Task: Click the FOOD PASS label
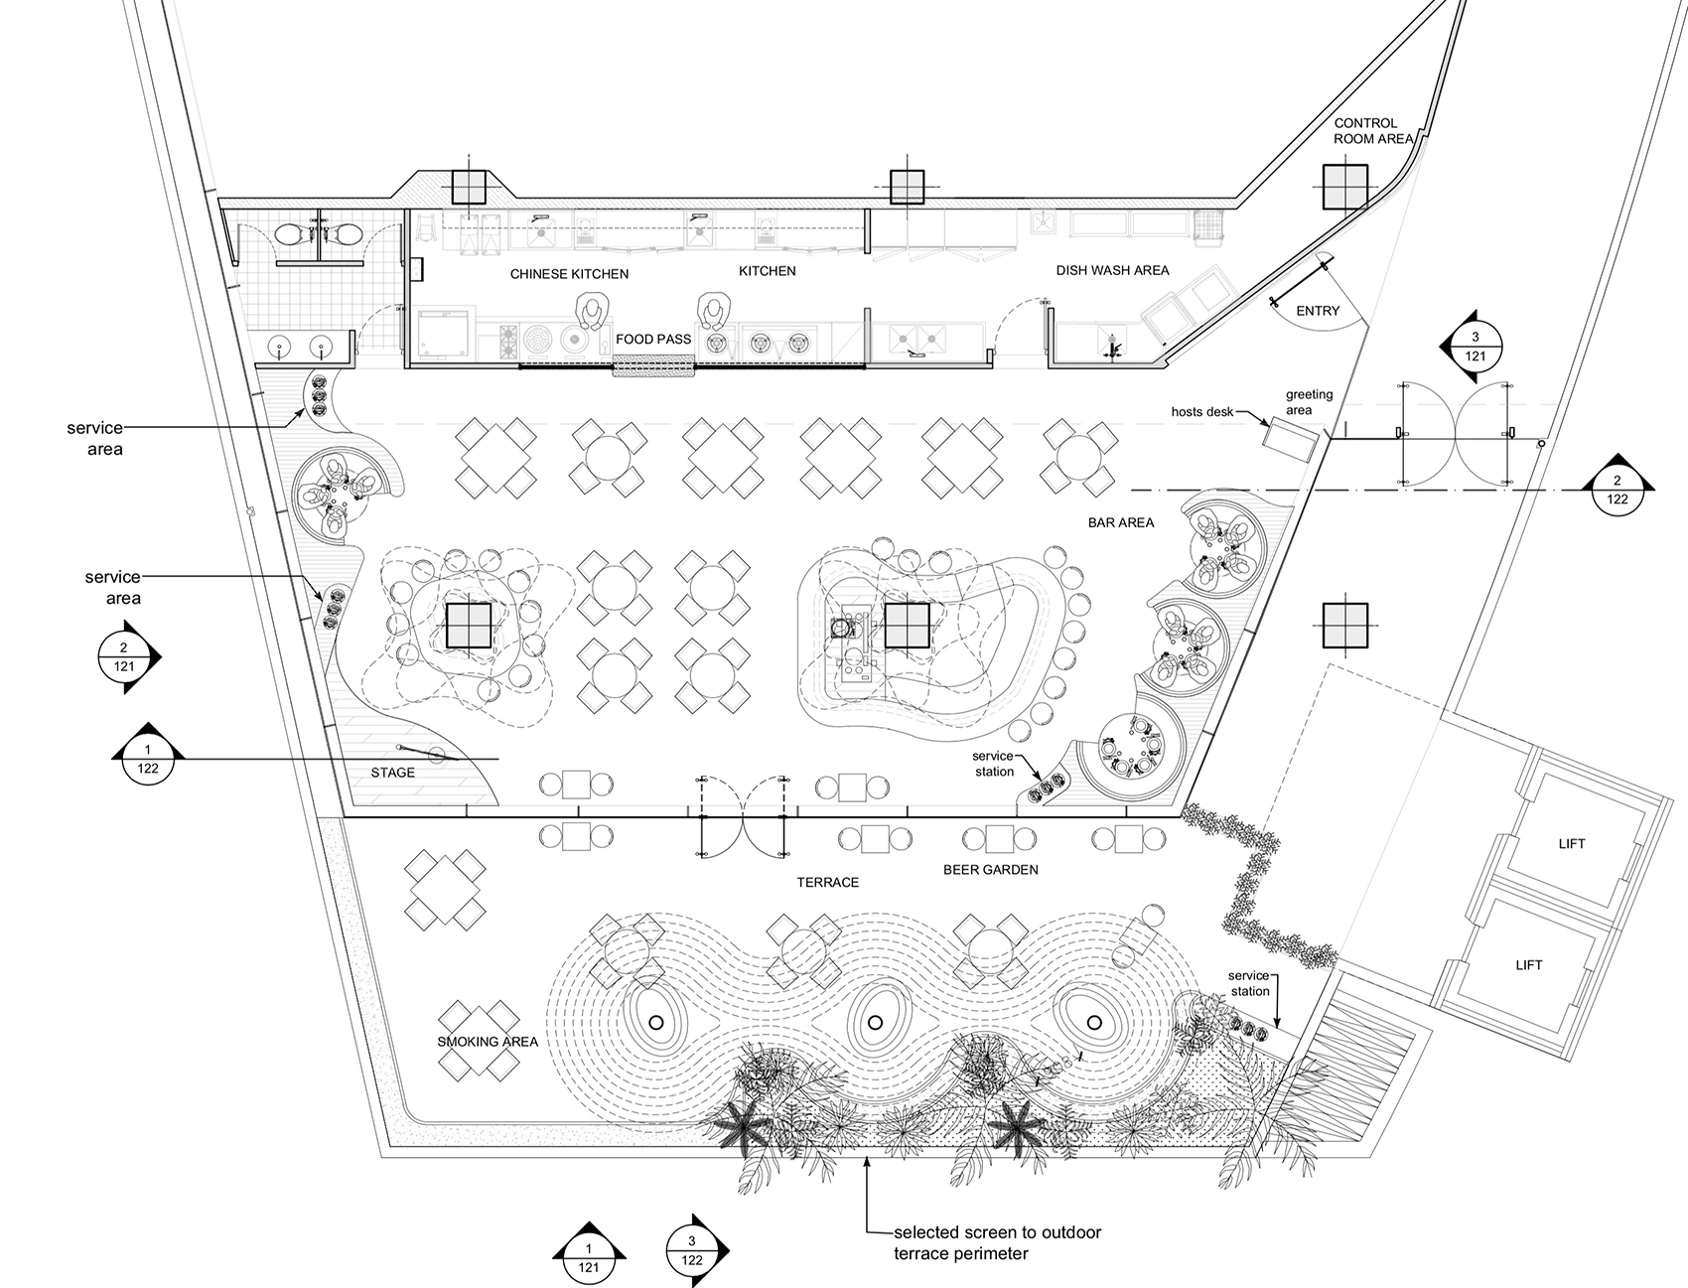[652, 339]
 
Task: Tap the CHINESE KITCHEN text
[569, 274]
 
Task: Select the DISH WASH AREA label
[1112, 270]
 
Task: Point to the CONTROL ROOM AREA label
[1372, 131]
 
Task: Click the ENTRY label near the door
[1318, 311]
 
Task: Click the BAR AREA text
[1120, 522]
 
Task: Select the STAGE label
[392, 772]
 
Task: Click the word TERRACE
[827, 882]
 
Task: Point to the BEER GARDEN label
[990, 869]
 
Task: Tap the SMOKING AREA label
[488, 1042]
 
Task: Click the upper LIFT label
[1572, 844]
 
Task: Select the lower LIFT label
[1529, 964]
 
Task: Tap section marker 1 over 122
[148, 758]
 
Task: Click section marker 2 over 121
[124, 657]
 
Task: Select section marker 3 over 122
[692, 1251]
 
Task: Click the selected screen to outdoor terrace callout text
[996, 1242]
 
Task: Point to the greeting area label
[1309, 402]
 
